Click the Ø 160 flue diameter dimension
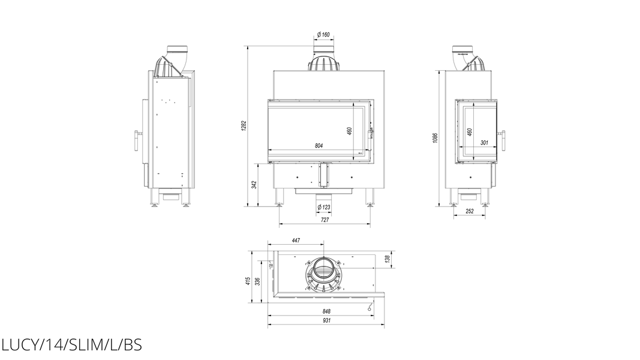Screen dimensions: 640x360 tap(323, 35)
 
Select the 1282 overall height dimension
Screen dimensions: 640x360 tap(244, 126)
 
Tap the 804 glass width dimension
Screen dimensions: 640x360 tap(319, 146)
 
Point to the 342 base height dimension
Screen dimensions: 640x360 tap(254, 185)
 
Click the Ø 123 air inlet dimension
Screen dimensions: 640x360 tap(324, 208)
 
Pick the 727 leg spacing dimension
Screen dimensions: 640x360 tap(325, 220)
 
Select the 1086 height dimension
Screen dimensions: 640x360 tap(435, 139)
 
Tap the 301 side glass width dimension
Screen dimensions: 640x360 tap(484, 143)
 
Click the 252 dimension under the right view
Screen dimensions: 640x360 tap(470, 211)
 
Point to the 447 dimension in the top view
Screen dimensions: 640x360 tap(296, 241)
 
